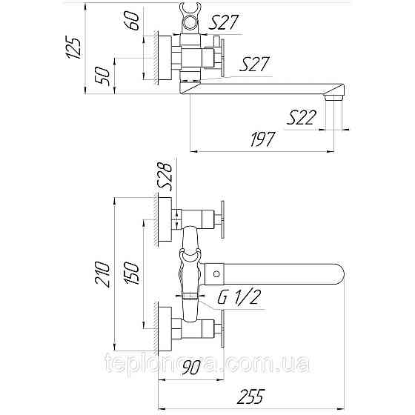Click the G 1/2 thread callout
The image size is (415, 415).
point(239,298)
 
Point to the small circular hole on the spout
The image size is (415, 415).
point(216,274)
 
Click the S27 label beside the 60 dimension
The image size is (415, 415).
point(223,22)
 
